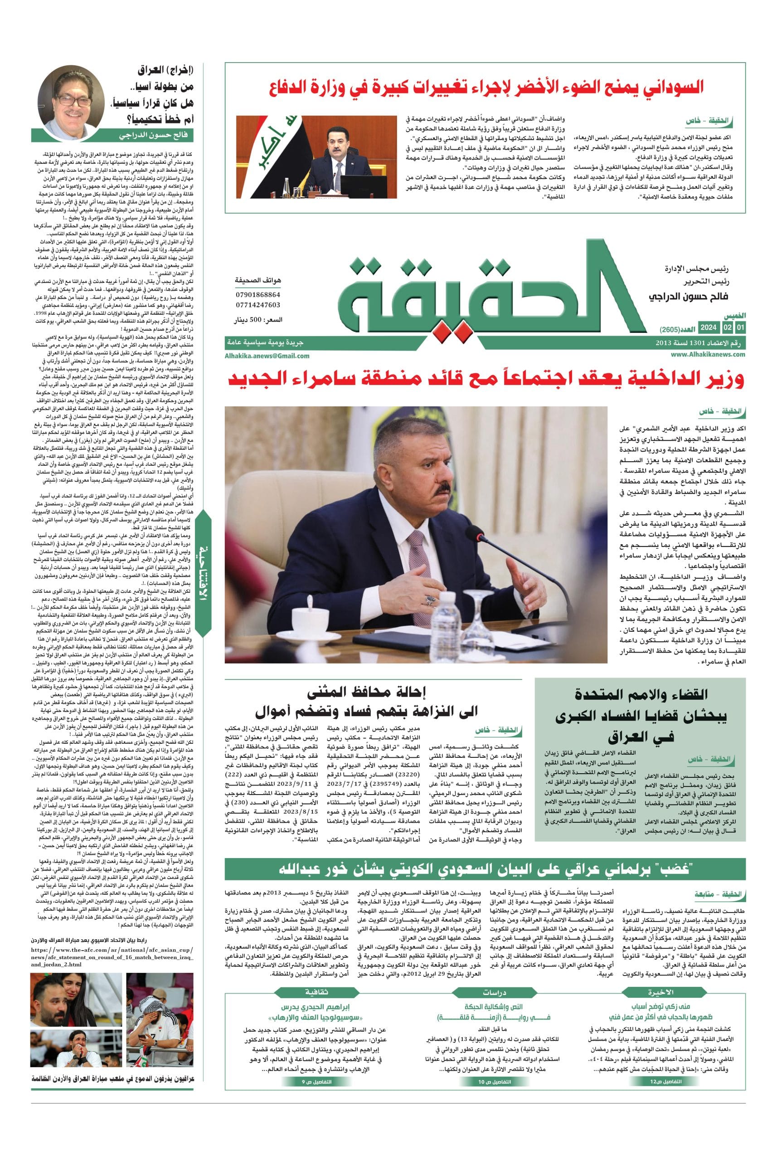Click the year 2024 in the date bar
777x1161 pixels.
click(x=708, y=328)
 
